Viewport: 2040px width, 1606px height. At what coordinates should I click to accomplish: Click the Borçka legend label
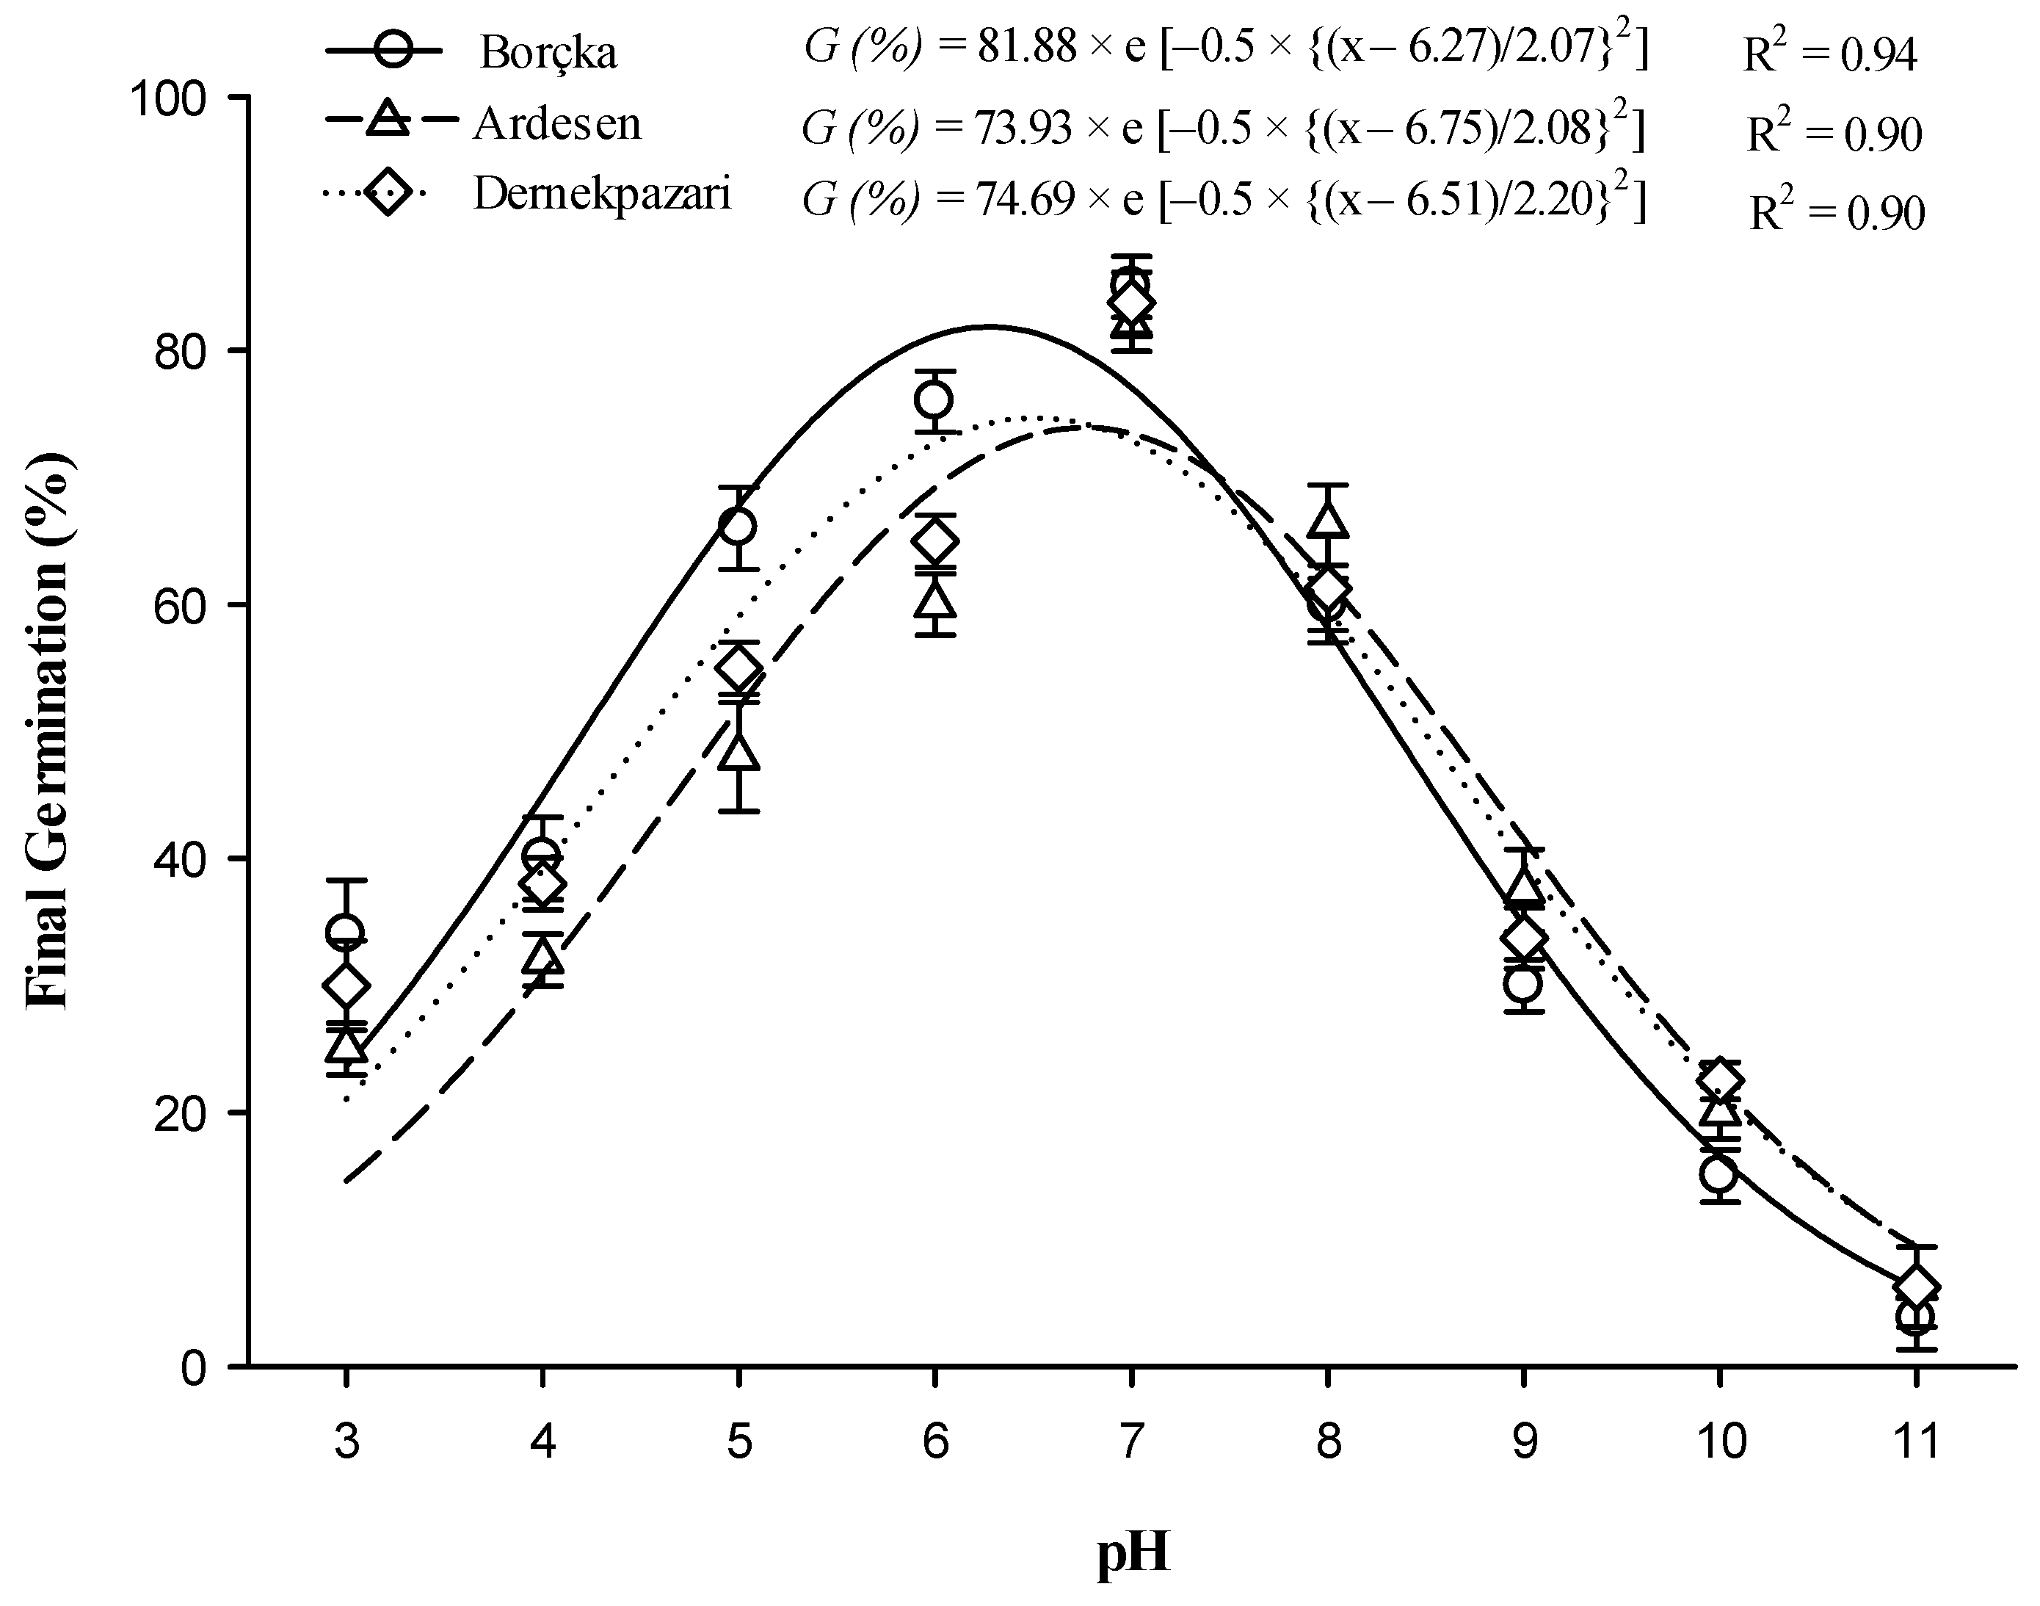(548, 53)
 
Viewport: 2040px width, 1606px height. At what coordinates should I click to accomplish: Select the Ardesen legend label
(556, 124)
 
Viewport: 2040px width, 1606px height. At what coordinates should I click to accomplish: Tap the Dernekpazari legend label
(602, 195)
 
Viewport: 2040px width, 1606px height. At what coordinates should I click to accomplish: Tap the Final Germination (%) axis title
(47, 730)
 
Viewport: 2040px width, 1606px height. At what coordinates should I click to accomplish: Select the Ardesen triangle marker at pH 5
(739, 752)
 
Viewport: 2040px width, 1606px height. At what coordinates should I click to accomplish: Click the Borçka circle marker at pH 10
(1718, 1174)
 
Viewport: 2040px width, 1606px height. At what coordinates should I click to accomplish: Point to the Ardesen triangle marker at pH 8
(1326, 520)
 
